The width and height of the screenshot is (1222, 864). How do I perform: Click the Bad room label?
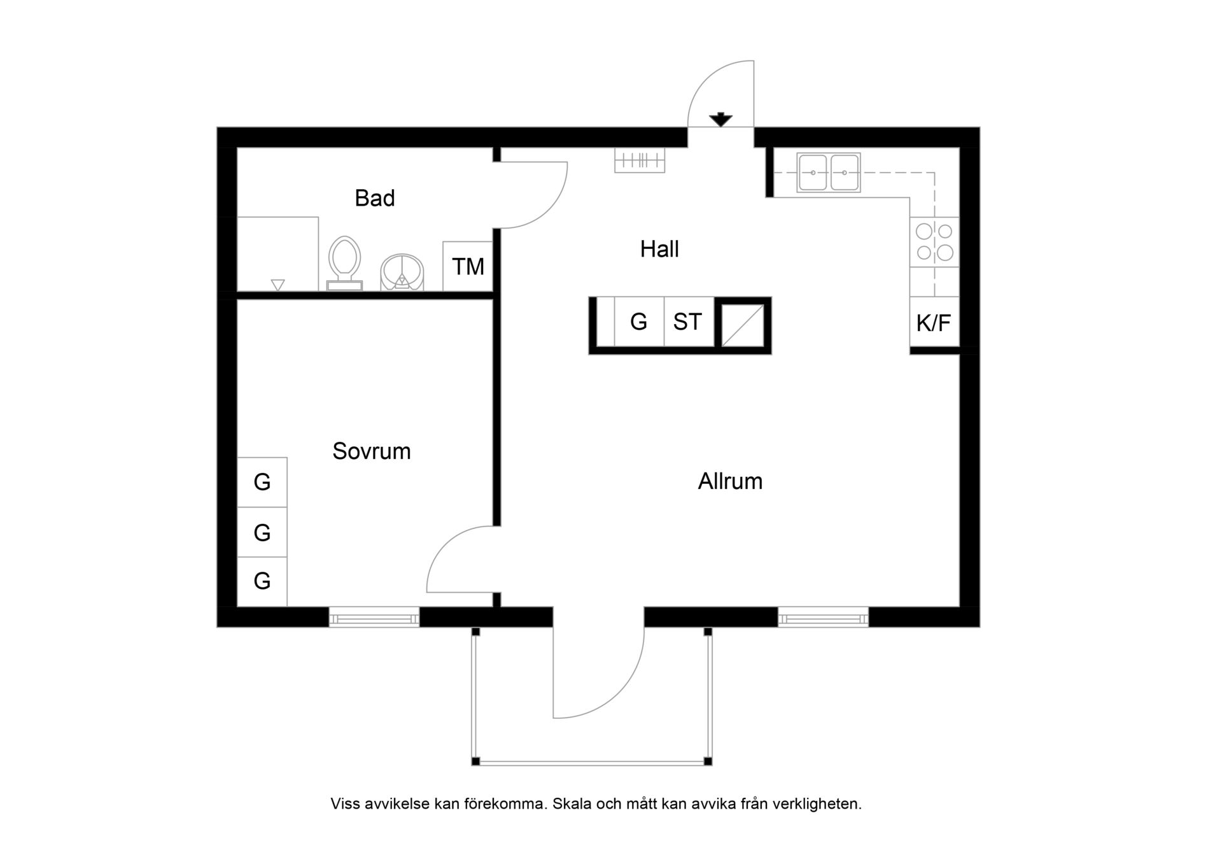[374, 198]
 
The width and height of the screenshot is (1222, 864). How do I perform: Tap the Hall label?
[659, 249]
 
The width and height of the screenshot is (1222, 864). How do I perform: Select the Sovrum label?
[372, 451]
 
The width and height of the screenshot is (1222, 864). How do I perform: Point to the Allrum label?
[730, 481]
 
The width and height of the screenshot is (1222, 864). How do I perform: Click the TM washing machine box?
[468, 266]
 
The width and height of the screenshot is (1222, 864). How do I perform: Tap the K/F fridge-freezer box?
[934, 322]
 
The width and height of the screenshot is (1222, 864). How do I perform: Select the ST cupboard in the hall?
[689, 322]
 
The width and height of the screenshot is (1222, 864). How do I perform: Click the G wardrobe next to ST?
[639, 322]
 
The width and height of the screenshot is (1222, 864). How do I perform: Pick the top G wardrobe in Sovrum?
[262, 482]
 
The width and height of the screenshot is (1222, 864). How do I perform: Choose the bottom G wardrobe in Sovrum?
[262, 581]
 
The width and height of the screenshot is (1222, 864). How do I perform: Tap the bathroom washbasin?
[402, 273]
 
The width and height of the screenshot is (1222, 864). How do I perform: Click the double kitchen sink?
[829, 173]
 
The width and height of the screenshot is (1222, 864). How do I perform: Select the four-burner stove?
[934, 242]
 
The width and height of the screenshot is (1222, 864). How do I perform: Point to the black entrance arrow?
[720, 119]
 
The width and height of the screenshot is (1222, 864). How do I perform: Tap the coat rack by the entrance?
[640, 160]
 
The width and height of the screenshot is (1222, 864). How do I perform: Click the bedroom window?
[374, 617]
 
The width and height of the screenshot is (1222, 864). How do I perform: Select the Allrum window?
[823, 617]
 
